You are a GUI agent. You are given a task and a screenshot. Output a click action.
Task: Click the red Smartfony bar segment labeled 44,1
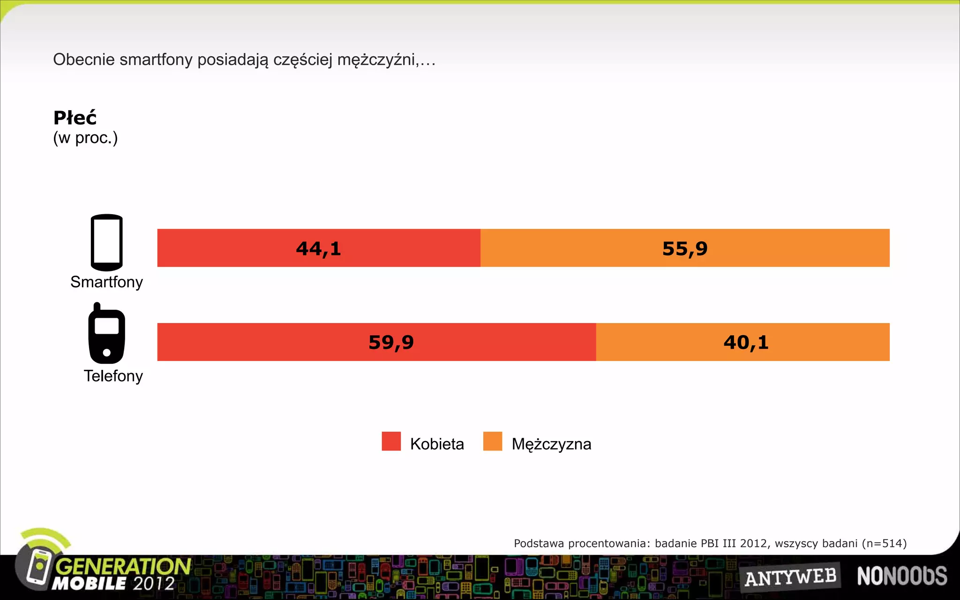click(319, 248)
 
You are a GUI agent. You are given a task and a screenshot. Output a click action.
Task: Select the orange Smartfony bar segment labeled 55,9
click(685, 248)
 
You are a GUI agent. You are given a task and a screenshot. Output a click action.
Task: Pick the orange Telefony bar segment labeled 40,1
click(743, 342)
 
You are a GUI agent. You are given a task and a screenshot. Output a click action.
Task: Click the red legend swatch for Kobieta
click(391, 441)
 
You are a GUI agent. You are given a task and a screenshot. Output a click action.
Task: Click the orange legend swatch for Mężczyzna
click(492, 441)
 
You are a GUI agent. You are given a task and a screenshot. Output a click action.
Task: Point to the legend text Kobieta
click(437, 444)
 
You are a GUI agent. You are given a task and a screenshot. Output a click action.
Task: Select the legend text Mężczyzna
click(551, 444)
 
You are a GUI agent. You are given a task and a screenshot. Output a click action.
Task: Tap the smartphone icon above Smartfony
click(107, 242)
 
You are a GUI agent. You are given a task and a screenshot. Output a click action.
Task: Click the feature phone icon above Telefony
click(107, 334)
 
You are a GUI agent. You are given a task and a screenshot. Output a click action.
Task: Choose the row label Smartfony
click(106, 282)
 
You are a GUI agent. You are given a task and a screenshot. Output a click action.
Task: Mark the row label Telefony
click(113, 376)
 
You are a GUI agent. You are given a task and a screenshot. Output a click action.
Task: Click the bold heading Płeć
click(75, 118)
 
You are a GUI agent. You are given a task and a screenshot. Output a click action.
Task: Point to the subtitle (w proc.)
click(85, 138)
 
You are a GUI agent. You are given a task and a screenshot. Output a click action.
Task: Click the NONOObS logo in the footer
click(902, 576)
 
